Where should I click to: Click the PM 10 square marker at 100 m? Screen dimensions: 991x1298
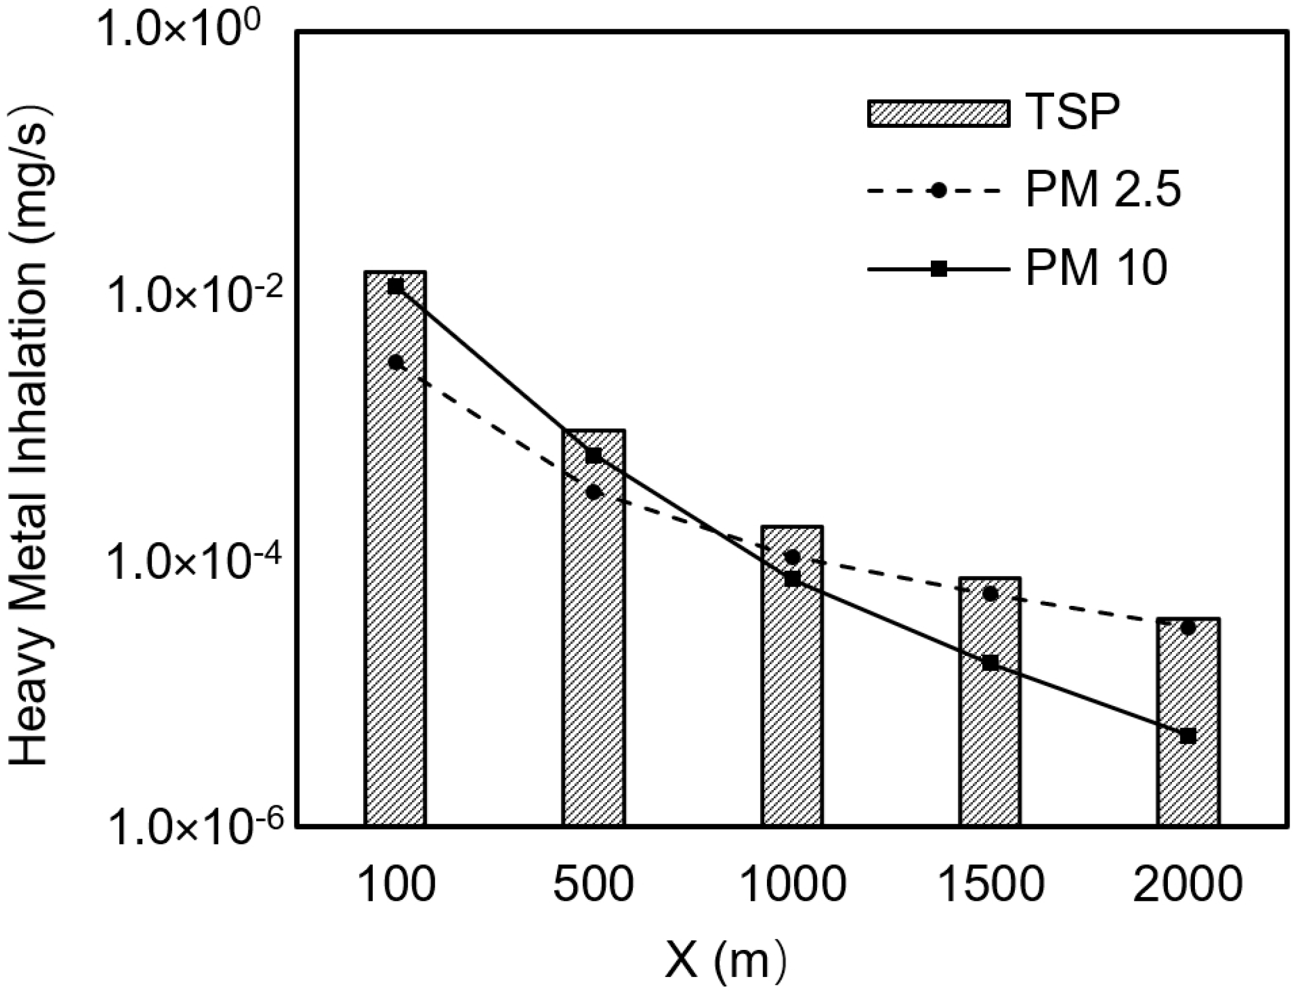tap(396, 287)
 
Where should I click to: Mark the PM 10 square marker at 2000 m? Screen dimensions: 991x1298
tap(1188, 736)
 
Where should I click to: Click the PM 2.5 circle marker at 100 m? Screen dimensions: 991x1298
tap(396, 362)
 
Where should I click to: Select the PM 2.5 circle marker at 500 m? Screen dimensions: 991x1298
tap(594, 492)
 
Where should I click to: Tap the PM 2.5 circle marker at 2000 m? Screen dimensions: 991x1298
tap(1188, 628)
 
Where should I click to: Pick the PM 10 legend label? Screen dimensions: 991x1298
tap(1096, 269)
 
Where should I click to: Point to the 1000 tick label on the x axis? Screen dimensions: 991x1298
tap(792, 885)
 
